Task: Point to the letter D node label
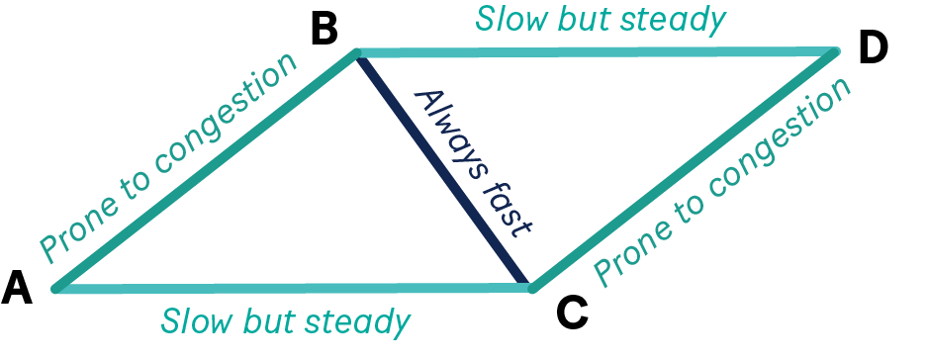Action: [x=874, y=47]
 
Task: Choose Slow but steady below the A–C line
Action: [x=286, y=321]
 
